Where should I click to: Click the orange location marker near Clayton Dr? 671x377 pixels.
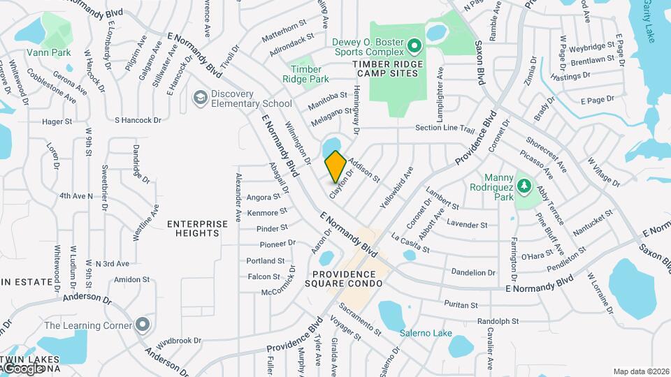tap(335, 166)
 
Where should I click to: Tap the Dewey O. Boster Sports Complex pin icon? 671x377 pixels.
tap(414, 47)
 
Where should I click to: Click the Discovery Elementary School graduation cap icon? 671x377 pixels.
tap(201, 98)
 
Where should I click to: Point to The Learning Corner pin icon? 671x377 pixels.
tap(143, 325)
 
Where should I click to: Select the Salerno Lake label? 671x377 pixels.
tap(426, 333)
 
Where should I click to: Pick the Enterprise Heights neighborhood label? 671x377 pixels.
tap(197, 229)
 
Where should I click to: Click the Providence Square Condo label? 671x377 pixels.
tap(347, 279)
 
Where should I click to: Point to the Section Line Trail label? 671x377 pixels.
tap(445, 128)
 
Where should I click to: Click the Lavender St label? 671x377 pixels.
tap(467, 225)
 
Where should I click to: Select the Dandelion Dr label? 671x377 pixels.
tap(473, 272)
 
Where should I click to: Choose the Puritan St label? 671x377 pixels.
tap(461, 305)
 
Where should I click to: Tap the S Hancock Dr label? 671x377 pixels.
tap(138, 120)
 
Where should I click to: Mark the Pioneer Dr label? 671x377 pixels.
tap(277, 244)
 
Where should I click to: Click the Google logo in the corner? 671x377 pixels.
tap(22, 369)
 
